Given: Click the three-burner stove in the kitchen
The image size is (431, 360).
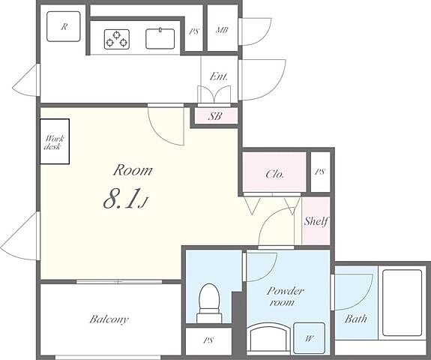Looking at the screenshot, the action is (x=117, y=39).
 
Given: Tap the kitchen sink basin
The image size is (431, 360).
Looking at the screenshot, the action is (x=160, y=39).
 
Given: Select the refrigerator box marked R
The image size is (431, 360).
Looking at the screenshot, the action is (x=64, y=26).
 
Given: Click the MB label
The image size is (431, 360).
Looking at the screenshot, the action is (x=222, y=30).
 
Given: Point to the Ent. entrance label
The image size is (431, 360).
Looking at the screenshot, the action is (x=219, y=76).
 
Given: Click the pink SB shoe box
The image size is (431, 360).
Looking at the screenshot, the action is (x=216, y=116).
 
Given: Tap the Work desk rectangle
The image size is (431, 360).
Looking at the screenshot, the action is (x=55, y=141).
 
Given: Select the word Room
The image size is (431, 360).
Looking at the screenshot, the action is (x=133, y=170).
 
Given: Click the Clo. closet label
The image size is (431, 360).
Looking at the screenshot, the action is (x=274, y=174).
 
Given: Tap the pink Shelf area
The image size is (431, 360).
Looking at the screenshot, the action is (x=316, y=220).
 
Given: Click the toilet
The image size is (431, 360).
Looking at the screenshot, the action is (x=209, y=303).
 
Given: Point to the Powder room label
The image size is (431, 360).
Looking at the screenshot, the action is (x=285, y=296).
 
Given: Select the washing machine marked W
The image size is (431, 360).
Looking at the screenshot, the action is (x=310, y=338).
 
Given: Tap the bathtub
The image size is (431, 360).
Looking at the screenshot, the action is (x=402, y=302).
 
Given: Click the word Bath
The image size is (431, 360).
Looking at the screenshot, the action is (x=356, y=319).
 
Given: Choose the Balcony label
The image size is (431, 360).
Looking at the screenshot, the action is (x=109, y=319).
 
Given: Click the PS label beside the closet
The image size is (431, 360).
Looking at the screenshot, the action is (x=320, y=172).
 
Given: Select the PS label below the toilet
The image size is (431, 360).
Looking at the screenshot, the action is (x=208, y=340).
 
